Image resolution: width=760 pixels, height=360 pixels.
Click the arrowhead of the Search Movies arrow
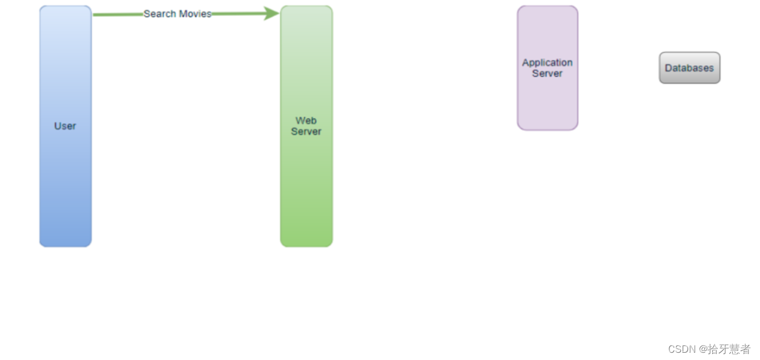point(272,13)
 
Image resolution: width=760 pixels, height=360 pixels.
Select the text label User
point(65,126)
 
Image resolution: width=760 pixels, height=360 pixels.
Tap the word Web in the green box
point(306,121)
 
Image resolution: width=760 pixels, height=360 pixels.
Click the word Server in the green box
point(306,132)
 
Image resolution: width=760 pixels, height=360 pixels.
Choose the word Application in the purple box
point(547,63)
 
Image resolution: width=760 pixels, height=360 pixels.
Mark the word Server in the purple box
point(547,74)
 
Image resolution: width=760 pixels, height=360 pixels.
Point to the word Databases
point(689,68)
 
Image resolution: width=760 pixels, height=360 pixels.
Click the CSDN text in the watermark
point(682,349)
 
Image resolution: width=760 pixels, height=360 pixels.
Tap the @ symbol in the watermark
point(703,349)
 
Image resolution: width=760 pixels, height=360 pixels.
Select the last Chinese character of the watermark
point(745,349)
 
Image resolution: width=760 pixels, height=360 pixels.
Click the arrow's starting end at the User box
point(95,14)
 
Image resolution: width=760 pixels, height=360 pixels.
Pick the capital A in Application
point(526,63)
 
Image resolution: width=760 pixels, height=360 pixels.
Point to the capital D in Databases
point(668,68)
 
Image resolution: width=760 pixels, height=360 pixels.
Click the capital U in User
point(57,126)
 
